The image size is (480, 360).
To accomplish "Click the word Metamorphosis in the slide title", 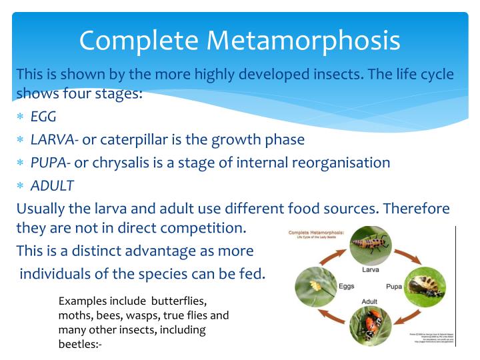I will tap(304, 40).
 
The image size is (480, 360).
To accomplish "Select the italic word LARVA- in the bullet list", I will tap(55, 139).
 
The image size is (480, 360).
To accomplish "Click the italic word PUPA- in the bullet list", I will tap(51, 162).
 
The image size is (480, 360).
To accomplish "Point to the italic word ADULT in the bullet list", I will tap(52, 185).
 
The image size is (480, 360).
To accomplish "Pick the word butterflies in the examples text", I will tap(181, 301).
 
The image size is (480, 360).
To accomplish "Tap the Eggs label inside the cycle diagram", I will tap(347, 286).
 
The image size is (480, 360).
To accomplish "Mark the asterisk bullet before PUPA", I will tap(21, 163).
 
